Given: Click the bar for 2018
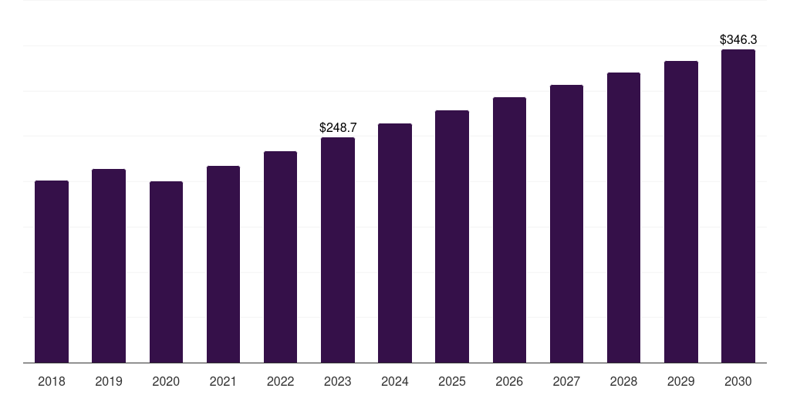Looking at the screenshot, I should [x=52, y=272].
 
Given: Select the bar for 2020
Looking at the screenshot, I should [x=166, y=272].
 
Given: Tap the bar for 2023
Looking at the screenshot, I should [x=338, y=250].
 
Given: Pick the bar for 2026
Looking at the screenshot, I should [x=509, y=230].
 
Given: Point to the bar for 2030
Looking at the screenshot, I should [x=738, y=206].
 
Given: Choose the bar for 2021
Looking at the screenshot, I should [x=223, y=264].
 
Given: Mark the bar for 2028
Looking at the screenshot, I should [x=623, y=218].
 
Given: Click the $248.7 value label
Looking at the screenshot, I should [x=338, y=127].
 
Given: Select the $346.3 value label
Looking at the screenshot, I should [x=738, y=39].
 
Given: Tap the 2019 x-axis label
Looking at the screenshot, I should [x=109, y=381].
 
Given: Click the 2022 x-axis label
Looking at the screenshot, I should [x=280, y=381].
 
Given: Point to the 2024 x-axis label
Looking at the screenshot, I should [x=395, y=381].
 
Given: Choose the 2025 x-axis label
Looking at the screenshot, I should [x=452, y=381].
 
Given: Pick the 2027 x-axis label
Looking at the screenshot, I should [x=566, y=381].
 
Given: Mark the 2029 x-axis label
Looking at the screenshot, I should [x=681, y=381].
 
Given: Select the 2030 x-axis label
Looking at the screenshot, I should [x=738, y=381].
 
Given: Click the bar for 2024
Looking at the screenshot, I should [x=395, y=243].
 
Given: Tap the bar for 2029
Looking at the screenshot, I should [x=681, y=211].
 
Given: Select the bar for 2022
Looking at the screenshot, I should [x=280, y=257].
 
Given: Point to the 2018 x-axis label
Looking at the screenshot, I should [x=52, y=381].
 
